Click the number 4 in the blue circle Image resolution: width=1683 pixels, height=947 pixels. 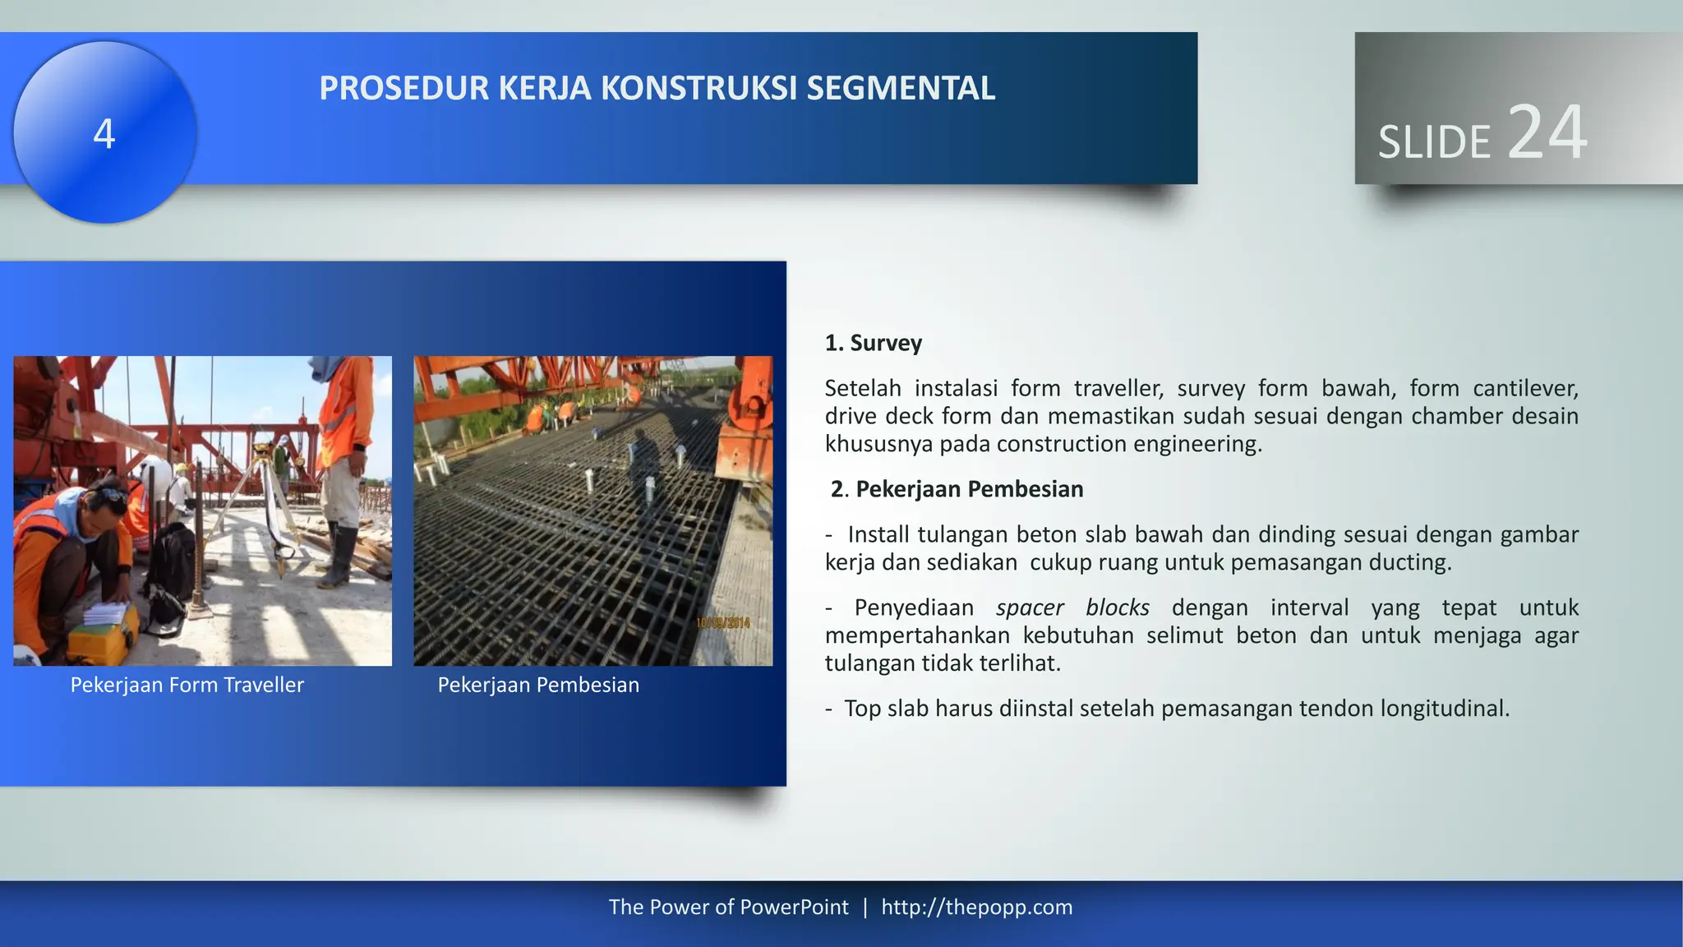(104, 134)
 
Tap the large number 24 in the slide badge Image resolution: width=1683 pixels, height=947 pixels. (1547, 132)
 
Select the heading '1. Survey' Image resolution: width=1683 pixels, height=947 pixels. (873, 343)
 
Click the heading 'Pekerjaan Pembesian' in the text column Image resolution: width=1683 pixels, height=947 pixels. (969, 489)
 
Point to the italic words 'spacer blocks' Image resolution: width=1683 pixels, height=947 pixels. (1072, 607)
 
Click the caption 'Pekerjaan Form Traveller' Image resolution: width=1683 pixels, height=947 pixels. (187, 685)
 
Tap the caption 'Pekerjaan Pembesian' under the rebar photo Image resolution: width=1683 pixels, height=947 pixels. (538, 685)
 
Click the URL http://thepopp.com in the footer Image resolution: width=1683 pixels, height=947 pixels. (976, 907)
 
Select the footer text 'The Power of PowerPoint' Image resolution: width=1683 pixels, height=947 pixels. (728, 907)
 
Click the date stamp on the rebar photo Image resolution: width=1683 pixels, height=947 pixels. (723, 623)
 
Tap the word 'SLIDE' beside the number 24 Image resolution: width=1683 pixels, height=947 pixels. (1434, 142)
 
